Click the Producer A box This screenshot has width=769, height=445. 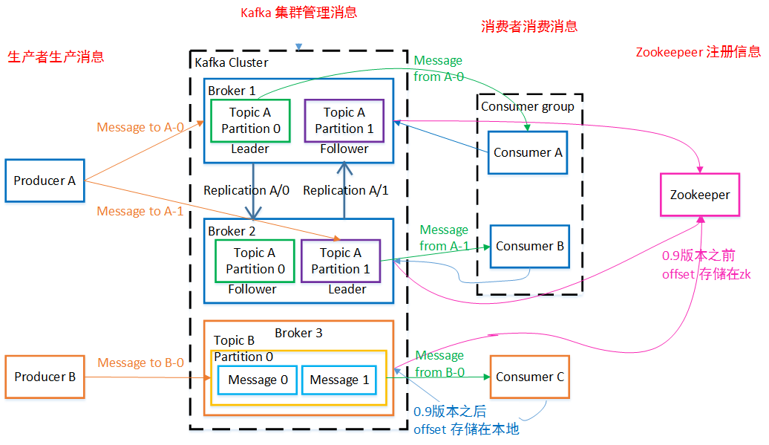[x=45, y=181]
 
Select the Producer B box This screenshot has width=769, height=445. [x=45, y=377]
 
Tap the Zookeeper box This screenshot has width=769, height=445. [x=700, y=195]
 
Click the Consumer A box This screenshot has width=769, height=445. [x=528, y=152]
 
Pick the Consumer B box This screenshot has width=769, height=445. [x=530, y=247]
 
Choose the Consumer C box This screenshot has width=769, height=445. [x=530, y=377]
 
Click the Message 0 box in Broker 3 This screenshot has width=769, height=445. [x=258, y=380]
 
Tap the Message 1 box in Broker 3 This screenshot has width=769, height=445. [x=339, y=380]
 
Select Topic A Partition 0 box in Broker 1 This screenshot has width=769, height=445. [x=251, y=120]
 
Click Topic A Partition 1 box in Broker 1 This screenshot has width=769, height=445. [x=344, y=120]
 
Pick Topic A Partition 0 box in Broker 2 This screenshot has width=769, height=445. [x=255, y=261]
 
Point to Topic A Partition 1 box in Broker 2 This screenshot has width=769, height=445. [x=341, y=261]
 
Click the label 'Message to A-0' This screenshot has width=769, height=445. [x=140, y=127]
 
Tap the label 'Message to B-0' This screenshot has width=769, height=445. [x=141, y=363]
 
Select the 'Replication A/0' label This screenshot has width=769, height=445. [x=246, y=190]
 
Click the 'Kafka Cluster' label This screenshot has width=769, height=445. [x=232, y=63]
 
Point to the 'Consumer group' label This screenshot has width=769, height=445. [x=528, y=106]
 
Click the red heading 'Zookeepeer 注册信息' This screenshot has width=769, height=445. [x=698, y=52]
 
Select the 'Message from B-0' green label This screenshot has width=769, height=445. [x=440, y=363]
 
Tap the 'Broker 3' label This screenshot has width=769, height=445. [x=298, y=333]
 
